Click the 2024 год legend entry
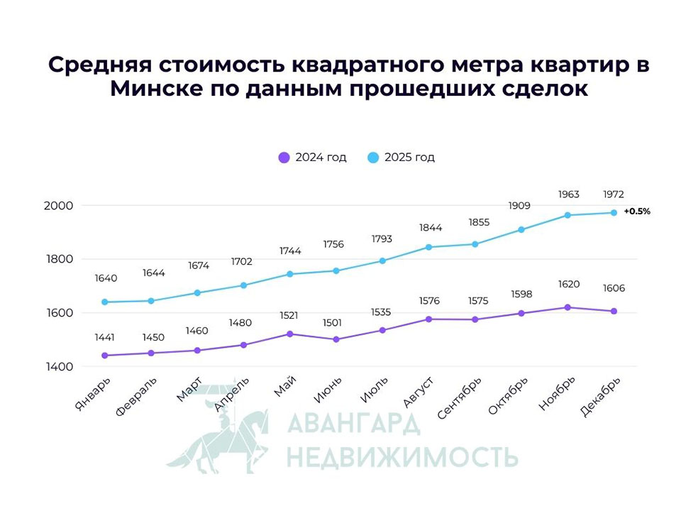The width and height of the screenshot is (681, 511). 312,158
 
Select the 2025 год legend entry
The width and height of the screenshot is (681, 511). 402,158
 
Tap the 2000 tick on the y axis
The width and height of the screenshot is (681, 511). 60,205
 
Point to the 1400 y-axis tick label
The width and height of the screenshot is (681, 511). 60,367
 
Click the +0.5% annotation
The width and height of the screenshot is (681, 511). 637,211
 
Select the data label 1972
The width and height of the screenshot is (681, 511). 614,194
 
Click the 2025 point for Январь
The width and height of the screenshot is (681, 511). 105,302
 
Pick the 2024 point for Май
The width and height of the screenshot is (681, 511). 289,334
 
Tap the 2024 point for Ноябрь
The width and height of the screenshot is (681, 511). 567,307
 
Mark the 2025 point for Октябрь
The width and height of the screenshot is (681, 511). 521,230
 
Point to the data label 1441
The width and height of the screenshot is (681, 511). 105,338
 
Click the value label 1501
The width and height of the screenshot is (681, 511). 336,323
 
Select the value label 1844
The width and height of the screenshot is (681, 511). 428,228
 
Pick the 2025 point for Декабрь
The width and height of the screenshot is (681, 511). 614,213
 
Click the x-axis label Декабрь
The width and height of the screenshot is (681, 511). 602,397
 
